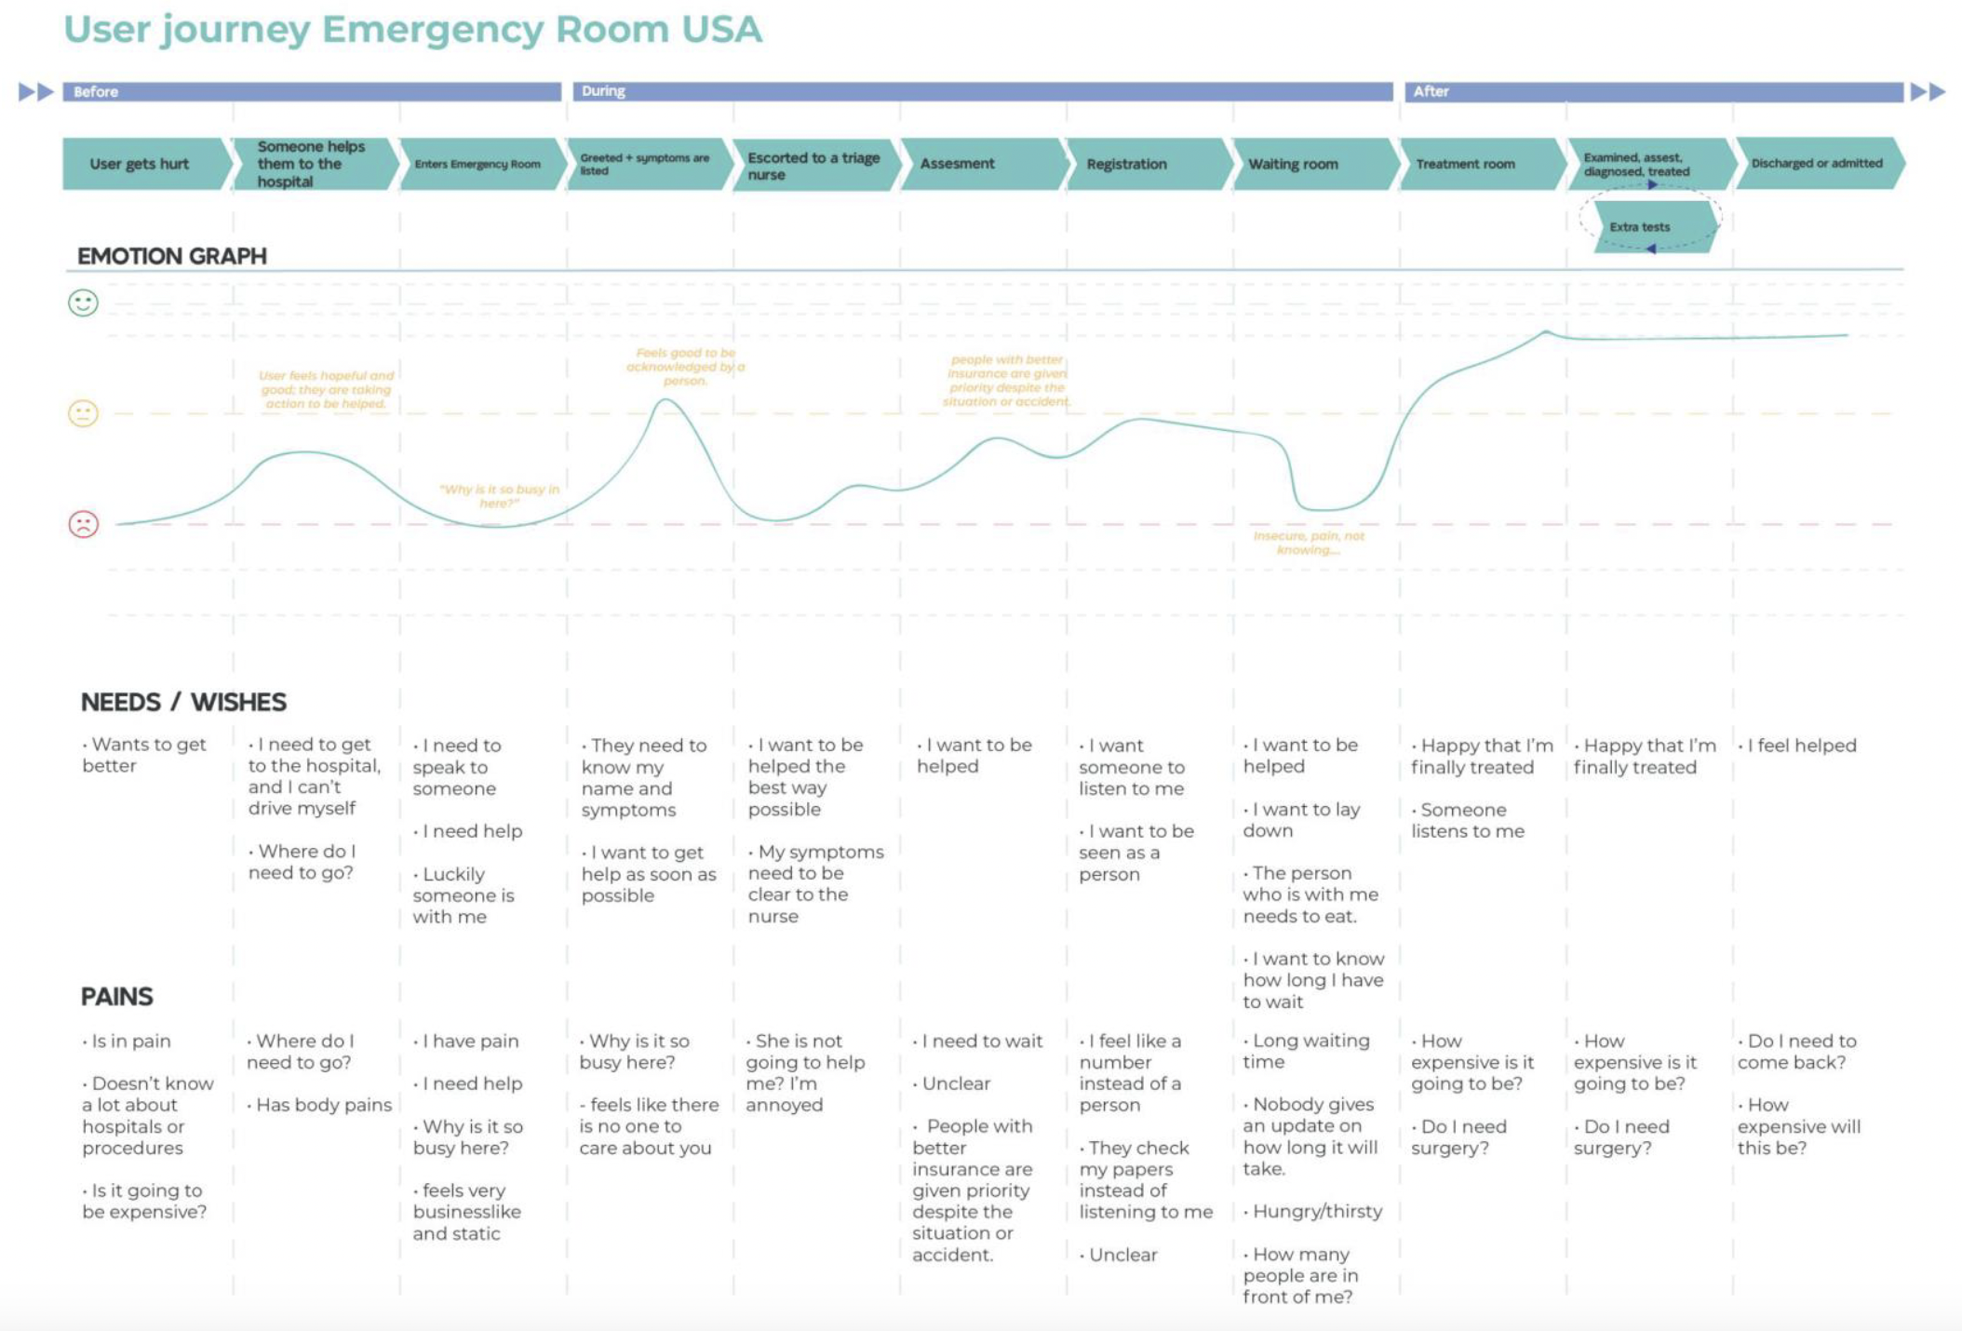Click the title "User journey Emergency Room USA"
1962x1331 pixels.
pos(412,30)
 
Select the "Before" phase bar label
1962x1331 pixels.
pos(96,91)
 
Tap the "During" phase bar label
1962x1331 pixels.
pos(603,91)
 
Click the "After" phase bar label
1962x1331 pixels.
pos(1431,91)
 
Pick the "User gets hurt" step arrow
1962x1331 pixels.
pos(140,164)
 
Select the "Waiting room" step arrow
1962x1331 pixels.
pos(1293,164)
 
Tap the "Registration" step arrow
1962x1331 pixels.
pos(1126,164)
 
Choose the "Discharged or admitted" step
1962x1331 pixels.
pos(1816,164)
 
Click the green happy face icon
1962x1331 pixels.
pos(83,302)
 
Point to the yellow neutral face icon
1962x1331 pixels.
pos(83,413)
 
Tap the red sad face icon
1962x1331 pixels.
pos(83,524)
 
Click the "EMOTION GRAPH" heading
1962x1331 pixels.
pos(172,256)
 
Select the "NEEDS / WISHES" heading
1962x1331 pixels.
pos(183,702)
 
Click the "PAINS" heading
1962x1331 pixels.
pos(116,997)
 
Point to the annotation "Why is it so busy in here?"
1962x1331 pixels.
pos(499,496)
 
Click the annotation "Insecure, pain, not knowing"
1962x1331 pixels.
pos(1308,543)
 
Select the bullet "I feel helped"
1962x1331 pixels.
pos(1801,746)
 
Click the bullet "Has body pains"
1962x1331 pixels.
pos(323,1105)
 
